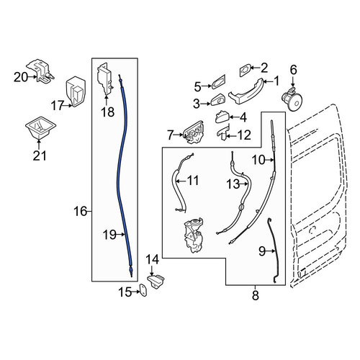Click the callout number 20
coord(21,77)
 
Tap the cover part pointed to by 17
coord(76,91)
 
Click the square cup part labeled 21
coord(40,127)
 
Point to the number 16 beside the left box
coord(80,212)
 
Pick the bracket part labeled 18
coord(105,78)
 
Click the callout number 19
coord(109,235)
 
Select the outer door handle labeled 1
coord(246,91)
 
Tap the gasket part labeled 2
coord(246,70)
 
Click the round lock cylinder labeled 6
coord(292,99)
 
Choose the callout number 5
coord(197,87)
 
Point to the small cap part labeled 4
coord(222,117)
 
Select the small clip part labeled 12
coord(223,133)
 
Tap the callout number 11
coord(193,180)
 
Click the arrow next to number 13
coord(244,184)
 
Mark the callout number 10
coord(258,160)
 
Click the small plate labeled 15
coord(143,290)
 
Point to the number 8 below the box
coord(256,295)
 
